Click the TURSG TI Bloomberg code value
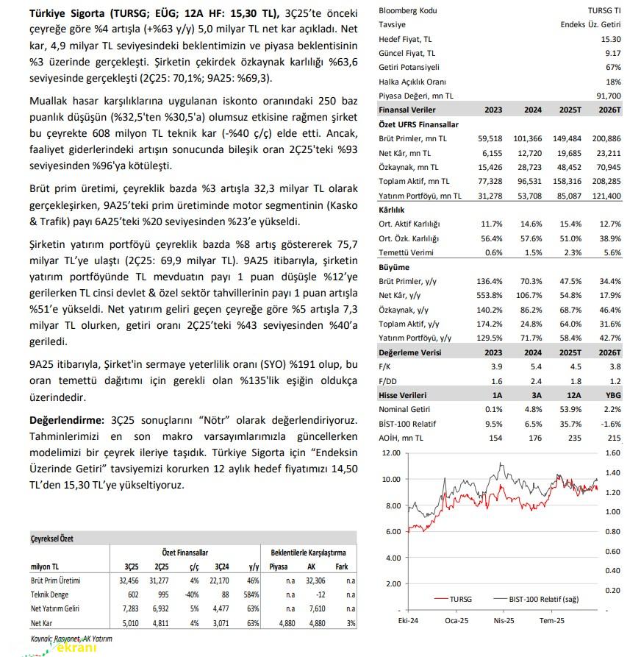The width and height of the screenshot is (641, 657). pos(604,11)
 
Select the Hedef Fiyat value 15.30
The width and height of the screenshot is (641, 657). pos(610,39)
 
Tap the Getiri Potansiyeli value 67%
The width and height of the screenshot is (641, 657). pos(612,67)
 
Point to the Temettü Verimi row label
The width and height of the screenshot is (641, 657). pos(406,252)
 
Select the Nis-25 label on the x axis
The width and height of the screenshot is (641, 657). pos(503,622)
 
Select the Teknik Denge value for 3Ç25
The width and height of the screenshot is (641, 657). pos(130,594)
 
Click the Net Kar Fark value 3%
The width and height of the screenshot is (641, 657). pos(349,622)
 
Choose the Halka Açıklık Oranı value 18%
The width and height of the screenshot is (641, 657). pos(612,82)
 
